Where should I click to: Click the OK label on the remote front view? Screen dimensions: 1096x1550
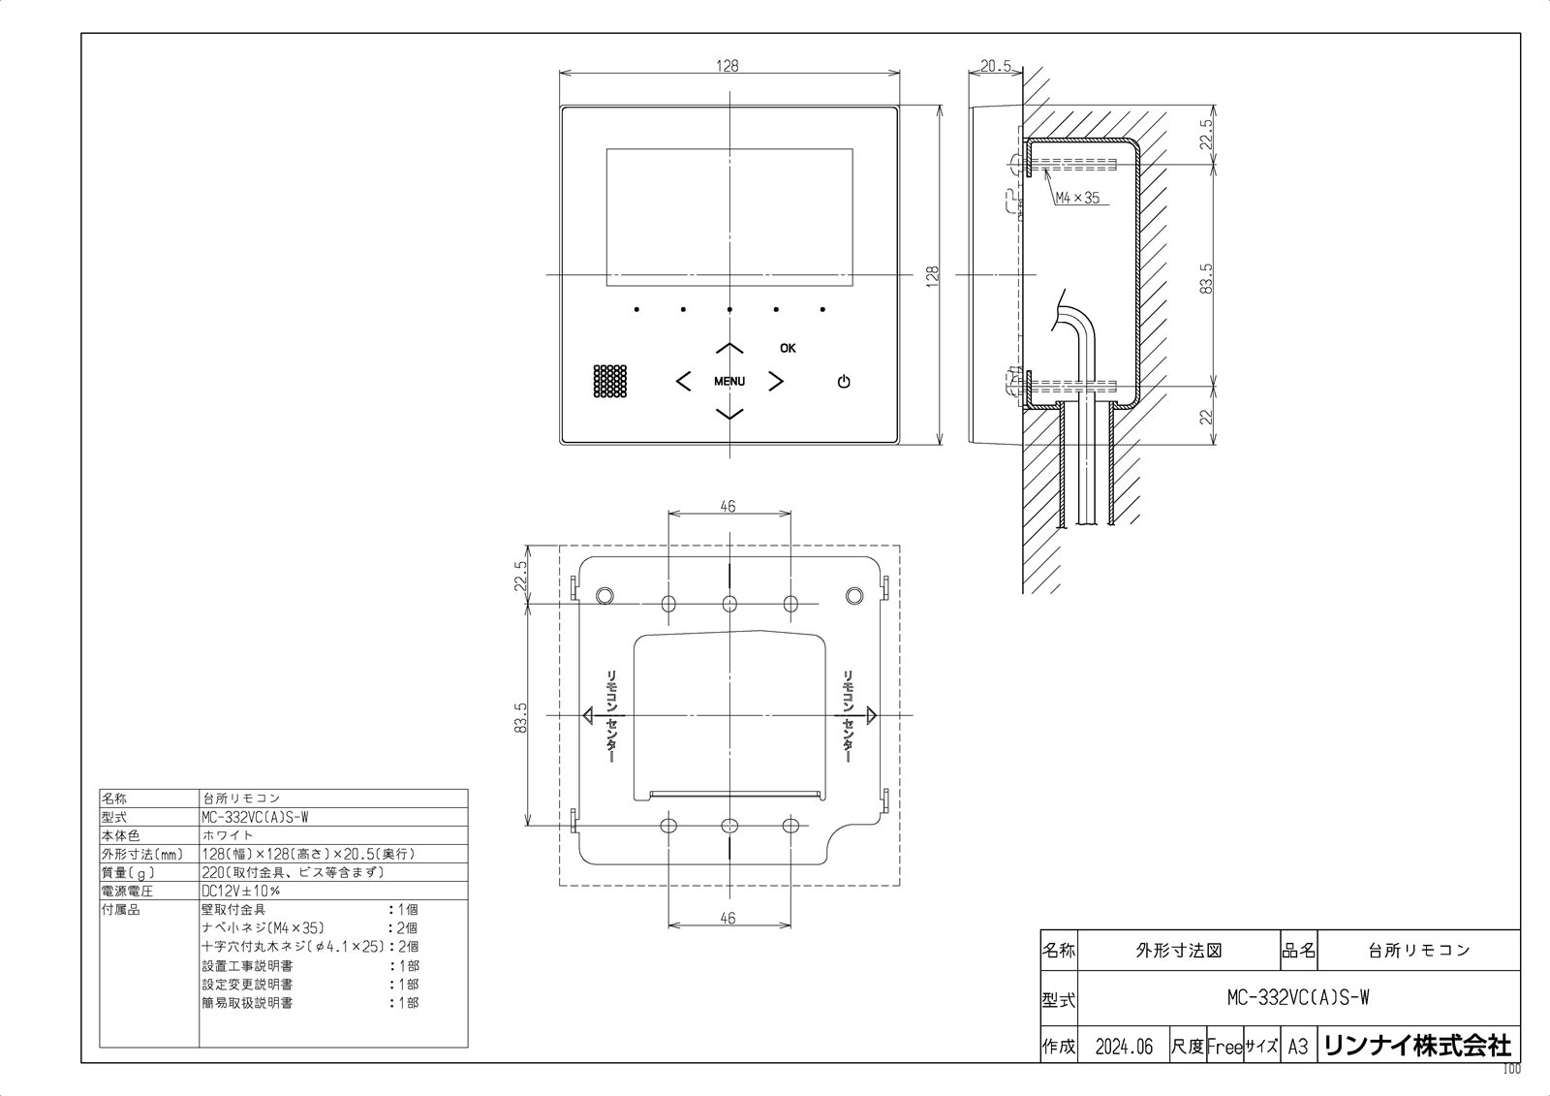(787, 348)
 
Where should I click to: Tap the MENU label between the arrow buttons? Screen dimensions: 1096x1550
(729, 381)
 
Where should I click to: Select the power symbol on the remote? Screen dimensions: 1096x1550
(844, 382)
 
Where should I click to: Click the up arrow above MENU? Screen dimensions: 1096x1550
(729, 348)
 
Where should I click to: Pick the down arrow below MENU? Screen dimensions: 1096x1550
(729, 414)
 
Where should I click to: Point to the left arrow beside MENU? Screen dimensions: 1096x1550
(684, 381)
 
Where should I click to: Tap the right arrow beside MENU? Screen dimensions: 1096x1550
(775, 381)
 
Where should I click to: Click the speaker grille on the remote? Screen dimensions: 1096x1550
(609, 381)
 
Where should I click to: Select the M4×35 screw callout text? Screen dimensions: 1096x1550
(1077, 198)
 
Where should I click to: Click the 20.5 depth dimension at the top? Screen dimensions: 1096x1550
(995, 66)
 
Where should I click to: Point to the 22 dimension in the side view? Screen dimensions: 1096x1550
(1206, 416)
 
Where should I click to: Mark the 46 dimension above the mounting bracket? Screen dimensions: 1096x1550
(728, 506)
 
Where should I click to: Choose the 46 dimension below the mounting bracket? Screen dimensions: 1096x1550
(728, 918)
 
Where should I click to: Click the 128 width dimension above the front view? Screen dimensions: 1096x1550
(728, 66)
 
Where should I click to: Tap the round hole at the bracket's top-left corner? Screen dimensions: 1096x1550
(604, 594)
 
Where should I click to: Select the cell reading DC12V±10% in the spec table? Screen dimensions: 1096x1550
(242, 891)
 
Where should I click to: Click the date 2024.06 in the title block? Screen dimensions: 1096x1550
(1124, 1047)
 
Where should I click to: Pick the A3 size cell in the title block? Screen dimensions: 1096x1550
(1298, 1047)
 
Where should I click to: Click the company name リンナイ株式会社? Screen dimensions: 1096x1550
(1417, 1046)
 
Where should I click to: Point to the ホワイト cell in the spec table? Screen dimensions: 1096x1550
(228, 834)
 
